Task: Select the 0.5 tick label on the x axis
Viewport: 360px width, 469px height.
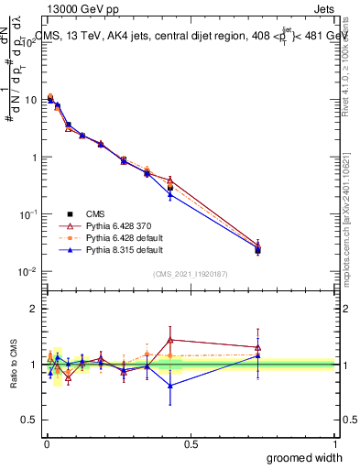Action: click(190, 443)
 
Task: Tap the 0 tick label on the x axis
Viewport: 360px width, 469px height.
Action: click(46, 443)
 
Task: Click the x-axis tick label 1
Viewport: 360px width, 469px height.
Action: click(334, 443)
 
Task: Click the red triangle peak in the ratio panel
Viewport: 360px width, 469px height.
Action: click(170, 339)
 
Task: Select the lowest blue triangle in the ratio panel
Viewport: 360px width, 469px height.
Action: click(170, 386)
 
